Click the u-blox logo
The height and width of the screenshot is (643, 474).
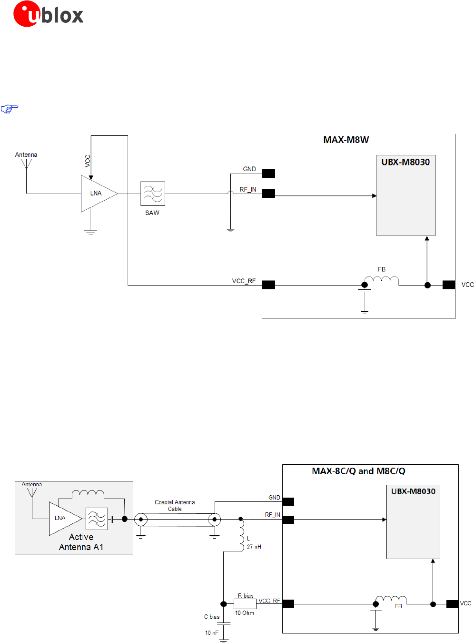(x=48, y=14)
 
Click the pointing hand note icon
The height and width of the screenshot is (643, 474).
(x=10, y=109)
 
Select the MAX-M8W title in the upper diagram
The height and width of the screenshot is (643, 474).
(x=346, y=140)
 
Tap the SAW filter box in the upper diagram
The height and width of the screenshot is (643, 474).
(x=152, y=194)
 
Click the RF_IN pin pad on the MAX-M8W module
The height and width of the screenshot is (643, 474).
(x=268, y=194)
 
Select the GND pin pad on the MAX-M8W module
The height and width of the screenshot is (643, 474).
(x=268, y=174)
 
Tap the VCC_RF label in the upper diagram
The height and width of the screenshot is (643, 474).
(x=244, y=281)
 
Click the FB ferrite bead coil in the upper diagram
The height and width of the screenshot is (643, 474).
(x=381, y=280)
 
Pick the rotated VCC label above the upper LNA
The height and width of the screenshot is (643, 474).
(x=88, y=161)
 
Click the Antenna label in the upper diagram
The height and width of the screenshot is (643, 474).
(x=26, y=155)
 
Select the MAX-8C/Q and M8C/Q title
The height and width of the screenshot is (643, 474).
(x=358, y=471)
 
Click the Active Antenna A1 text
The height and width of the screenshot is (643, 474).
(x=81, y=542)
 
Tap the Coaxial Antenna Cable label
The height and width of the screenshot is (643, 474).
(x=175, y=506)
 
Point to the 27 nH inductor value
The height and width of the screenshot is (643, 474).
(x=254, y=547)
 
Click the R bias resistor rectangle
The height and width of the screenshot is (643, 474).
(x=245, y=603)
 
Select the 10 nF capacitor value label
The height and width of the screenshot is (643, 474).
(x=212, y=633)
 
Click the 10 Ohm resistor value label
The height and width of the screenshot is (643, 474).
(x=245, y=613)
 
